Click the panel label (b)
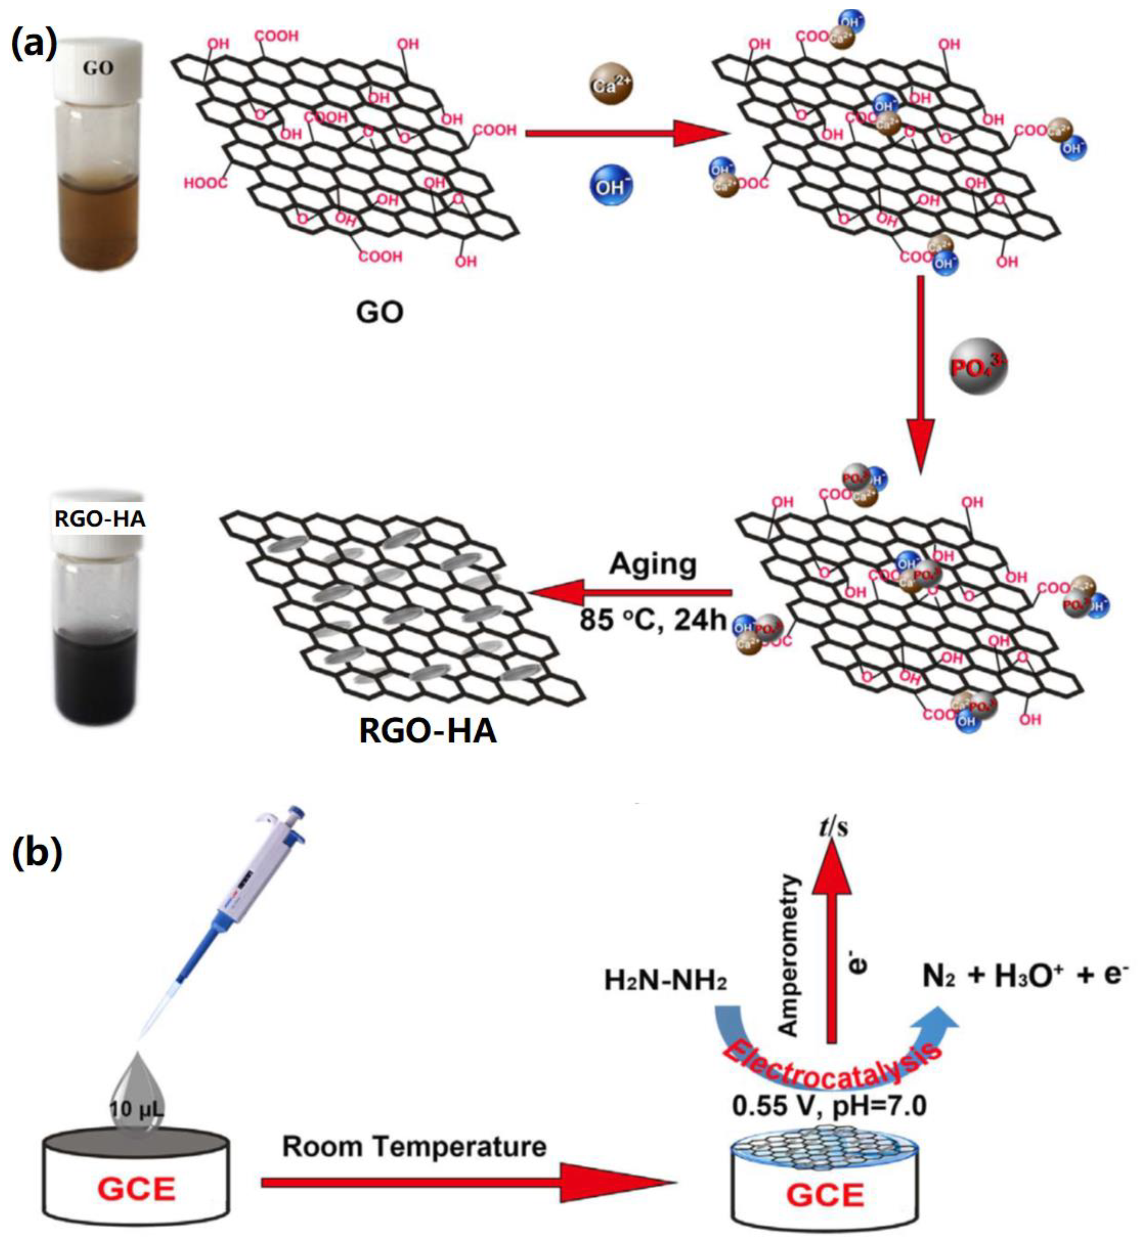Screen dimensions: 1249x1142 [x=37, y=852]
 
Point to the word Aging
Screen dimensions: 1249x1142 [x=653, y=564]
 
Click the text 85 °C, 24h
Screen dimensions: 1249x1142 [x=653, y=619]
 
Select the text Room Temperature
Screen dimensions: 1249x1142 [x=414, y=1147]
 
